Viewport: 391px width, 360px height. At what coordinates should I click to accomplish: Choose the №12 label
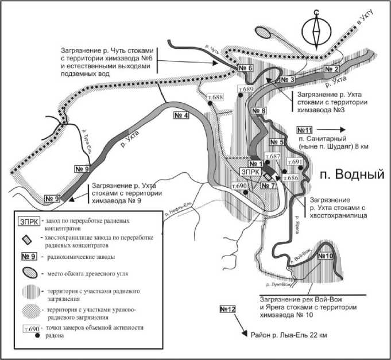(228, 310)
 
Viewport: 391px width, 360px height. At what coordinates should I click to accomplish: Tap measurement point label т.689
(245, 90)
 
